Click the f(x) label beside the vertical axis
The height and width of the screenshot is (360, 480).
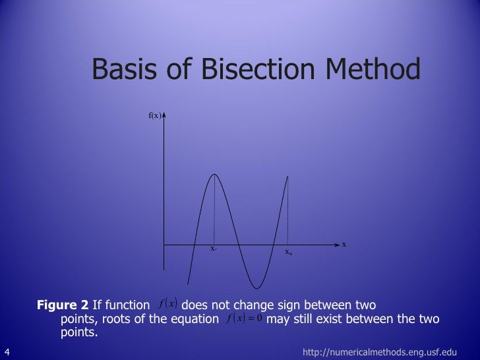(154, 116)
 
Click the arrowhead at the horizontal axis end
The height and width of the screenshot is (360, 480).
(337, 245)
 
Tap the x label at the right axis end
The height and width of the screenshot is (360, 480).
(344, 244)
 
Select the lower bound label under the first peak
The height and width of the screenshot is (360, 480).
(214, 249)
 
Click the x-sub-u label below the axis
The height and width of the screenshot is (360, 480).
(288, 252)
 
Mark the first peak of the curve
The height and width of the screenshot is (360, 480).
(214, 174)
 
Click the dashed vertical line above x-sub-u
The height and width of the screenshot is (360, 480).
(288, 211)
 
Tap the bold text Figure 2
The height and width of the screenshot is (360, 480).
(63, 305)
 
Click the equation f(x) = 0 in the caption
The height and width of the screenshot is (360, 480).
(244, 319)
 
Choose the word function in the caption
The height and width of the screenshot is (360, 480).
(127, 305)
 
